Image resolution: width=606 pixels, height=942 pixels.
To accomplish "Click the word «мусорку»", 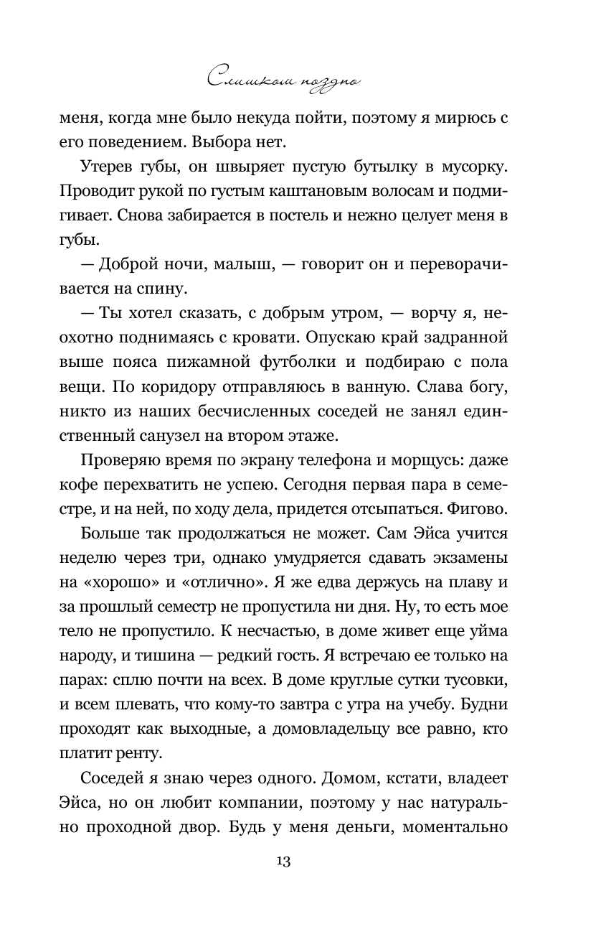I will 470,170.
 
